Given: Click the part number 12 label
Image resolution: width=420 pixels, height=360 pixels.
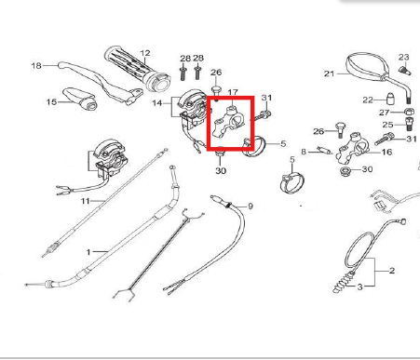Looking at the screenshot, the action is [145, 53].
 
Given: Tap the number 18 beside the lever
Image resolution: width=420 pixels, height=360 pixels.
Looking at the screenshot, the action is [36, 66].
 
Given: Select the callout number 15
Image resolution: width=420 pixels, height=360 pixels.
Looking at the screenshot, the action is [51, 101].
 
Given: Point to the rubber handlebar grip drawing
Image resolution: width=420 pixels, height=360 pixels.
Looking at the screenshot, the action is [138, 69].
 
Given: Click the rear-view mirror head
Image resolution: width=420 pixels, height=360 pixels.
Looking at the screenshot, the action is [366, 68].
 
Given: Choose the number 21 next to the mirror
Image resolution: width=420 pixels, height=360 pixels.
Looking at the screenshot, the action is [329, 73].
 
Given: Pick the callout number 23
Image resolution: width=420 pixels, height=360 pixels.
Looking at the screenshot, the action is [404, 58].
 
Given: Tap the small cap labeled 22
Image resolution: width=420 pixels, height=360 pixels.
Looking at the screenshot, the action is [390, 100].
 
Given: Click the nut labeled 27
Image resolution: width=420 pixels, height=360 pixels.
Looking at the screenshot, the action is [409, 112].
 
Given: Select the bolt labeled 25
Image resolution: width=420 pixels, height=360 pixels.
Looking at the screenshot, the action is [409, 124].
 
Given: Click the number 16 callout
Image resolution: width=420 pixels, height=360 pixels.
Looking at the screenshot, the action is [386, 152].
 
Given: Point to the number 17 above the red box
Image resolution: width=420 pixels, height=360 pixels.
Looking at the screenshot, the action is [233, 92].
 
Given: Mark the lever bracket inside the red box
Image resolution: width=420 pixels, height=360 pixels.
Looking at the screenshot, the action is [229, 123].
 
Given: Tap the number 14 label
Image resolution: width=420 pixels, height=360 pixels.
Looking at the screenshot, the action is [157, 103].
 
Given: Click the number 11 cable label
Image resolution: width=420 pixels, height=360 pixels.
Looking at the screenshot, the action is [85, 201].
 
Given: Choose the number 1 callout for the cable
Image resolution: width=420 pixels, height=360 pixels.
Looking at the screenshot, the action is [88, 252].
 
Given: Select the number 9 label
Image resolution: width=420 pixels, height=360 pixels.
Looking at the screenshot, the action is [251, 207].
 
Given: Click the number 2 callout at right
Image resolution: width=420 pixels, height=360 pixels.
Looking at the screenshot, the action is [392, 271].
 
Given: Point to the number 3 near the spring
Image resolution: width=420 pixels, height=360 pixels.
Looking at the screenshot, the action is [359, 287].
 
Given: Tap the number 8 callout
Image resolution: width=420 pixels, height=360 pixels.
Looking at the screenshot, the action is [304, 152].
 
